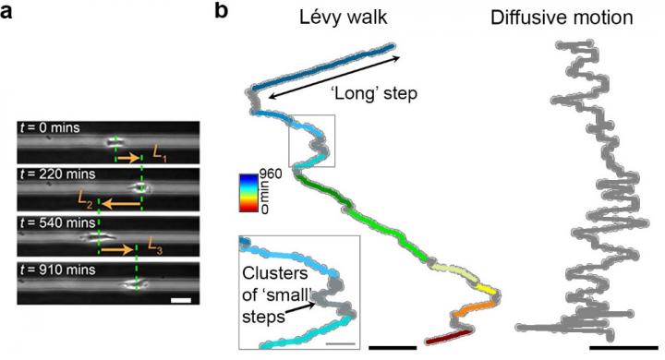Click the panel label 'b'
tap(220, 13)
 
